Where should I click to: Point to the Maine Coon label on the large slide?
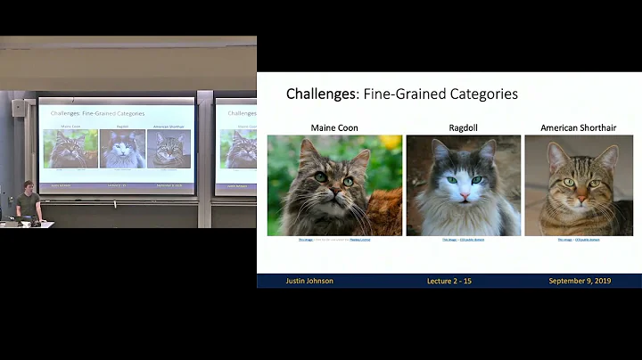334,128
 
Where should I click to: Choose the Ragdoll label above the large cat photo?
463,128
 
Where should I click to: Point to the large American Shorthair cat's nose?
580,195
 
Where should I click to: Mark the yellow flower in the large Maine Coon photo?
391,142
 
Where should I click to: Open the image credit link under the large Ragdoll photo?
463,240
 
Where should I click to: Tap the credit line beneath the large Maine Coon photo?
334,240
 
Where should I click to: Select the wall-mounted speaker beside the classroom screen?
19,108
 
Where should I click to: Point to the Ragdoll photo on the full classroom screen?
122,149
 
